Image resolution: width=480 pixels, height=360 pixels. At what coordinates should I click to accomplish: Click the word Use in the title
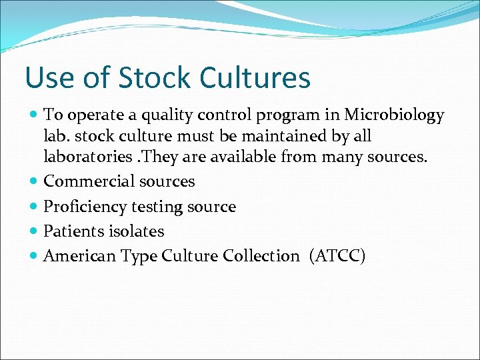pyautogui.click(x=47, y=77)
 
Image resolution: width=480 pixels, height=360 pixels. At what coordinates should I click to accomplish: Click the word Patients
pyautogui.click(x=70, y=231)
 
